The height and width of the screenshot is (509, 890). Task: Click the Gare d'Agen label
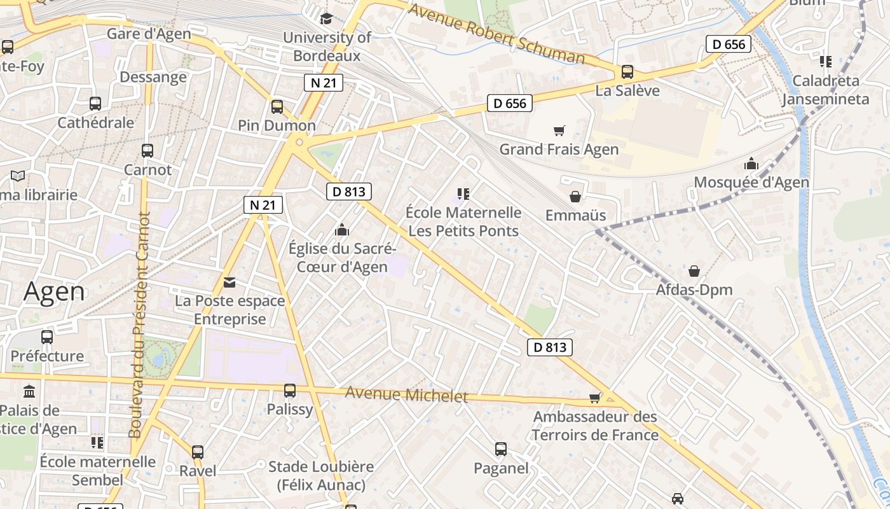[x=149, y=34]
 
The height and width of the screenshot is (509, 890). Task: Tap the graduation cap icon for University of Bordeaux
[x=327, y=18]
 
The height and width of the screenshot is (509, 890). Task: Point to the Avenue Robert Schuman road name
[x=496, y=34]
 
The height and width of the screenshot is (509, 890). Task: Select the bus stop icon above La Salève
[x=627, y=72]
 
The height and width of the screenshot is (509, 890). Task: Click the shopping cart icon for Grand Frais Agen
[x=559, y=130]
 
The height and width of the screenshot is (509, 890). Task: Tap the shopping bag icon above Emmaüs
[x=575, y=196]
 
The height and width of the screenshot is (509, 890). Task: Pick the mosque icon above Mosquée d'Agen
[x=751, y=164]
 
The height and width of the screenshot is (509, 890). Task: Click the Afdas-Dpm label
[x=694, y=290]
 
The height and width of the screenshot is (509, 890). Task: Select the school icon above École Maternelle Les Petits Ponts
[x=463, y=193]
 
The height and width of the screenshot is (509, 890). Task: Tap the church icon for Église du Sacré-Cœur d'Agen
[x=342, y=229]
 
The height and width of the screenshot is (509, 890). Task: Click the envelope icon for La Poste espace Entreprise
[x=229, y=282]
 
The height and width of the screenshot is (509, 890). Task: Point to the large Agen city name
[x=54, y=291]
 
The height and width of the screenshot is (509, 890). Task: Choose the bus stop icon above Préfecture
[x=47, y=337]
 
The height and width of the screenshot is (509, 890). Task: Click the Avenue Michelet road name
[x=406, y=394]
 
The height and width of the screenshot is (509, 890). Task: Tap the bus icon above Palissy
[x=290, y=390]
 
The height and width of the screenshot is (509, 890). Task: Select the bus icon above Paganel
[x=501, y=449]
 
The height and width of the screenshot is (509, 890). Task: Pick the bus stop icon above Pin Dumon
[x=277, y=106]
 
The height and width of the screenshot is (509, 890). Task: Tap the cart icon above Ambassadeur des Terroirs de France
[x=595, y=398]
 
